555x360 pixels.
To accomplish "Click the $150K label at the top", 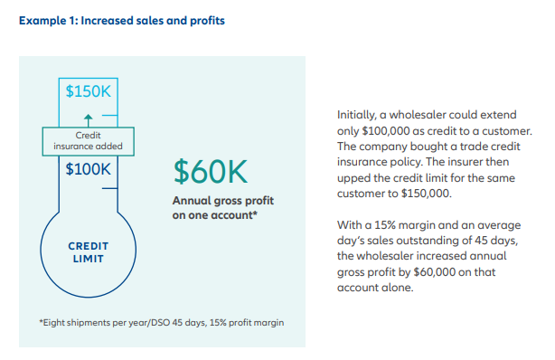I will pyautogui.click(x=88, y=91).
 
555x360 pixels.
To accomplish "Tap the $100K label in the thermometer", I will pyautogui.click(x=88, y=169).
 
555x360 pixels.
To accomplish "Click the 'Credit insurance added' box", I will pyautogui.click(x=89, y=139).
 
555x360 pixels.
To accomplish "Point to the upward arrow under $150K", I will pyautogui.click(x=88, y=118).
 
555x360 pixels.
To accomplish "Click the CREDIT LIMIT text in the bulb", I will pyautogui.click(x=89, y=252).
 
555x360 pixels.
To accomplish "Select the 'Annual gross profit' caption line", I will pyautogui.click(x=222, y=200).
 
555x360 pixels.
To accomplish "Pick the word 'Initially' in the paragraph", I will pyautogui.click(x=357, y=116).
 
